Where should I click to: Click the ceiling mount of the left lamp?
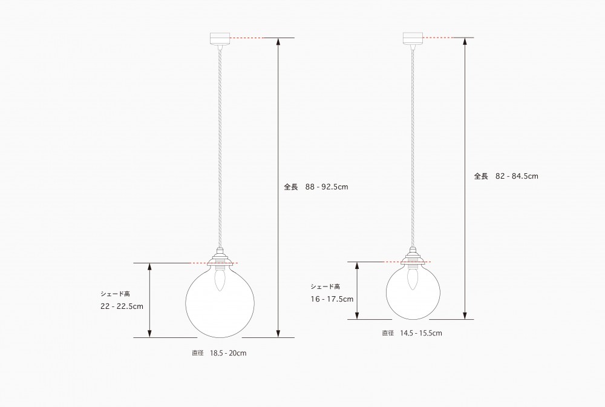(220, 38)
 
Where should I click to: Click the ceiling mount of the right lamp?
(413, 38)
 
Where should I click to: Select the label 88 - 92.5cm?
(327, 187)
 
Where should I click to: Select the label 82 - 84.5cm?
(517, 176)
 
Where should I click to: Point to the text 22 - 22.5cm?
(122, 306)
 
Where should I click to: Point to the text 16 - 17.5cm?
(332, 299)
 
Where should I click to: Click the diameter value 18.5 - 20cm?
(228, 353)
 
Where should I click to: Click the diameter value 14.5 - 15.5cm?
(421, 333)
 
